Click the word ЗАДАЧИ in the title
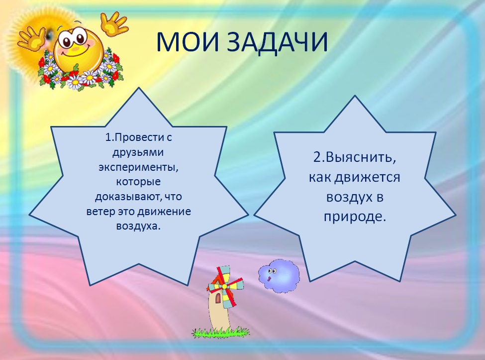(x=277, y=42)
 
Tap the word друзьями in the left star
(x=138, y=152)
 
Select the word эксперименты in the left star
(x=139, y=167)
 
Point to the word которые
(x=138, y=181)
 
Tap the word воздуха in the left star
(x=138, y=226)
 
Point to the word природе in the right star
(x=355, y=217)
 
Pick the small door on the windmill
(x=219, y=298)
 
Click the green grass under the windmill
(x=220, y=333)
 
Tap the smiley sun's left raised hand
(x=31, y=38)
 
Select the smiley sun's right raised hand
(x=114, y=23)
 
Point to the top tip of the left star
(x=139, y=88)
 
